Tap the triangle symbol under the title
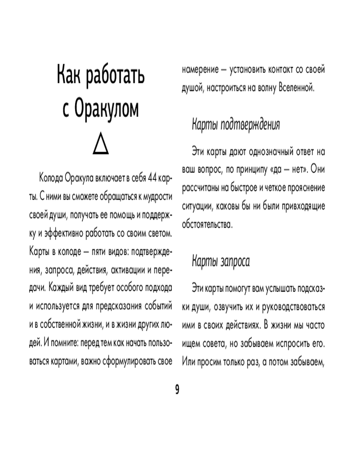point(101,145)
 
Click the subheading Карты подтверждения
point(236,125)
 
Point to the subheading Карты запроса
point(220,261)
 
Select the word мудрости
point(155,197)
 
